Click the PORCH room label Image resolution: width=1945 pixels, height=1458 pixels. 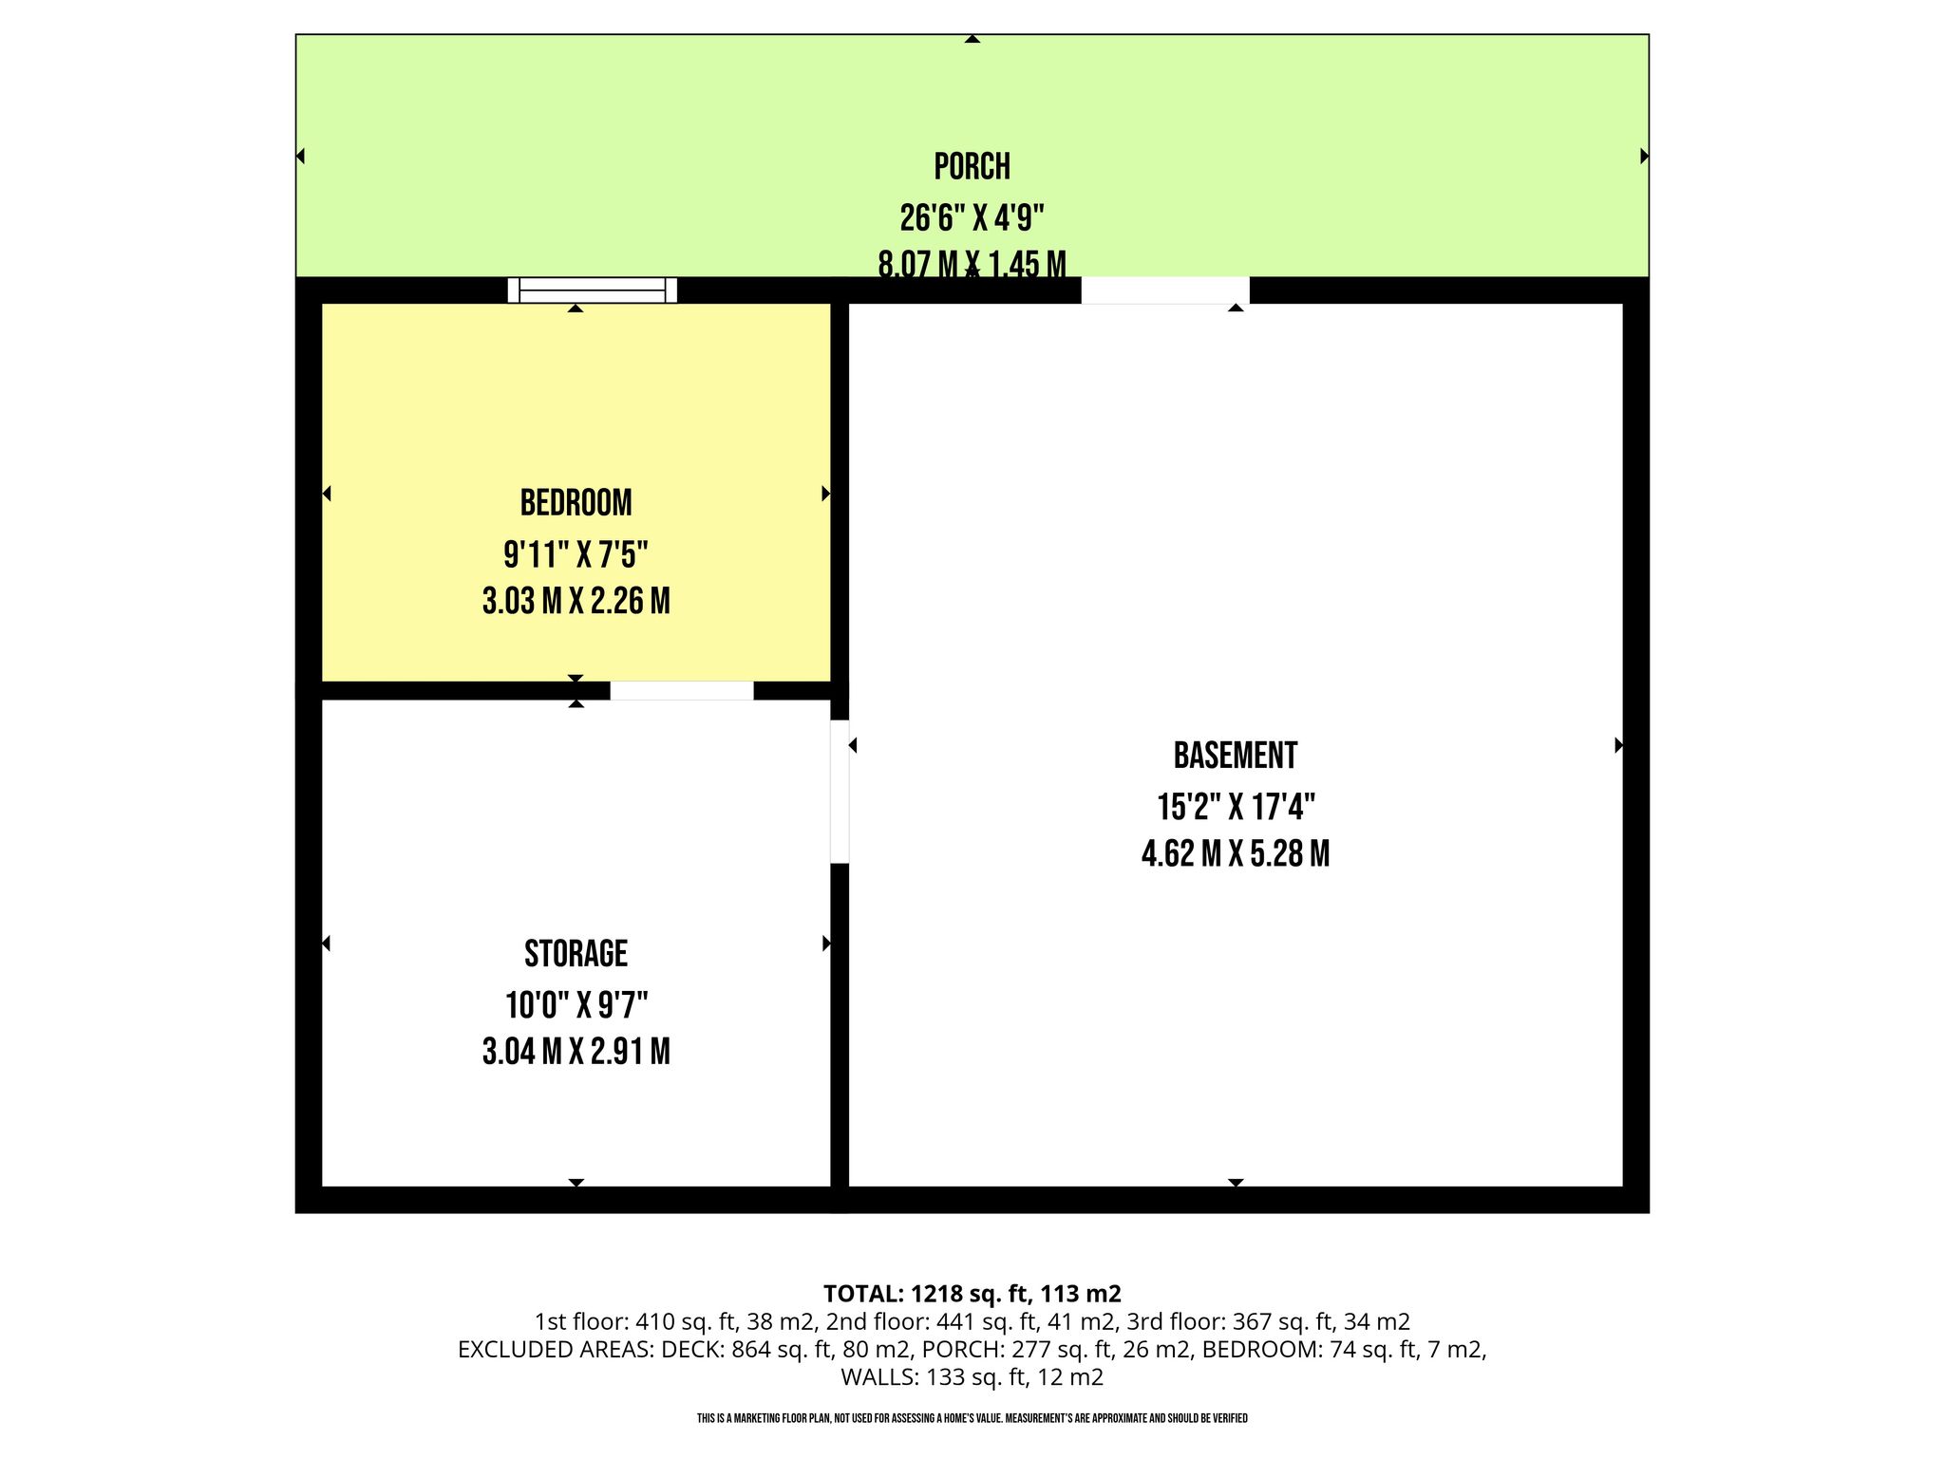click(x=972, y=167)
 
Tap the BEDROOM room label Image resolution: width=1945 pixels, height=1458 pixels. click(x=576, y=503)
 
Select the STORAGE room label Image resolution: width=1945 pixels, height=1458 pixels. click(x=576, y=953)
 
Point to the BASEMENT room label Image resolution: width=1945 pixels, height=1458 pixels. click(x=1235, y=756)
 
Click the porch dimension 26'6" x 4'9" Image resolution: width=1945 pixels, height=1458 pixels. click(x=972, y=218)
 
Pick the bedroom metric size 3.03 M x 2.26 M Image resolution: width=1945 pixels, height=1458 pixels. click(x=576, y=601)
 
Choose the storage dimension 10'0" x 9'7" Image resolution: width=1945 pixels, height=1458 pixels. click(x=576, y=1003)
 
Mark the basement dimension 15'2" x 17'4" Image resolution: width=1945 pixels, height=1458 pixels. click(x=1235, y=807)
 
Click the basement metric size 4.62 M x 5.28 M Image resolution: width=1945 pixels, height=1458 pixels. click(x=1235, y=854)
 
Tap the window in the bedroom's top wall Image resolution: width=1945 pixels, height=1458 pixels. click(x=593, y=290)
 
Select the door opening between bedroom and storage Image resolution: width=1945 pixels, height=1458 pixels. click(x=682, y=690)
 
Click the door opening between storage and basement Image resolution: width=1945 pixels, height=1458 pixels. click(x=840, y=792)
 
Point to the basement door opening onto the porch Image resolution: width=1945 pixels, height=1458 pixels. click(x=1165, y=290)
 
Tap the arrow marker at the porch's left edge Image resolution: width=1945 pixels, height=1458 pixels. click(x=300, y=156)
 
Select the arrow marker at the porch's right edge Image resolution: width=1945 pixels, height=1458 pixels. click(x=1644, y=156)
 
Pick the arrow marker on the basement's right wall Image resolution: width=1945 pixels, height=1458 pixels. click(x=1618, y=746)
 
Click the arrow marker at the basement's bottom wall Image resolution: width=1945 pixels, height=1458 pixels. click(x=1235, y=1183)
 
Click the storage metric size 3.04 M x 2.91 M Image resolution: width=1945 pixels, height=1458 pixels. click(x=576, y=1052)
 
